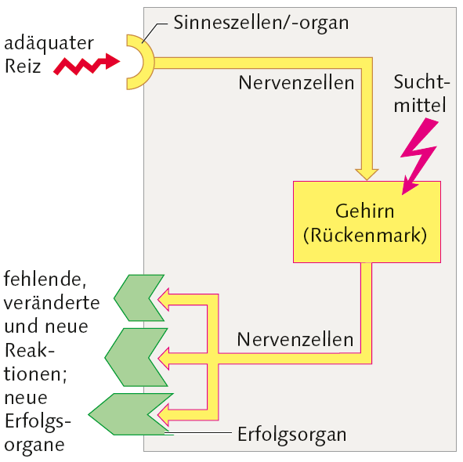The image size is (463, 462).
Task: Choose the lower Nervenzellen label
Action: click(295, 341)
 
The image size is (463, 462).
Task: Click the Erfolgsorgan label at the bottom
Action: click(291, 433)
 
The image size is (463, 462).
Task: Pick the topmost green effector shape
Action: click(139, 298)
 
